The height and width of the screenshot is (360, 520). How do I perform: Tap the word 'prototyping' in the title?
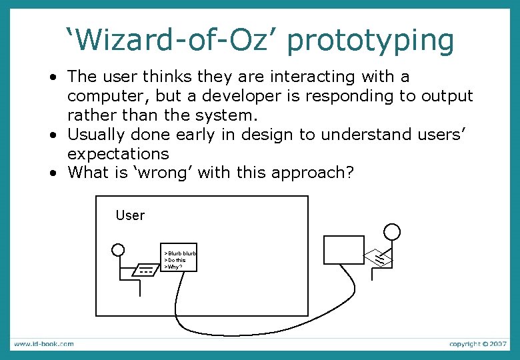(372, 41)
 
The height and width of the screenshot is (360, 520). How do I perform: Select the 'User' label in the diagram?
(130, 215)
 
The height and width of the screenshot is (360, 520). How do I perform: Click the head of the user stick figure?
(118, 250)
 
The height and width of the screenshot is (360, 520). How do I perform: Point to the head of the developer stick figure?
(393, 232)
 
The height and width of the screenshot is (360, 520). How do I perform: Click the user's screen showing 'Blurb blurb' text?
(180, 257)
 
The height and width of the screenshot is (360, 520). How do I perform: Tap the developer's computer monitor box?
(344, 250)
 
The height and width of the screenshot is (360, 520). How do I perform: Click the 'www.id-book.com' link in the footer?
(44, 344)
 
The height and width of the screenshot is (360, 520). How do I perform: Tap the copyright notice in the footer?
(478, 344)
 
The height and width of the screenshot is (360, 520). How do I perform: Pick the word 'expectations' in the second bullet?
(118, 154)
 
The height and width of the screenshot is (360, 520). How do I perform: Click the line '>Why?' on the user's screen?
(174, 267)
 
